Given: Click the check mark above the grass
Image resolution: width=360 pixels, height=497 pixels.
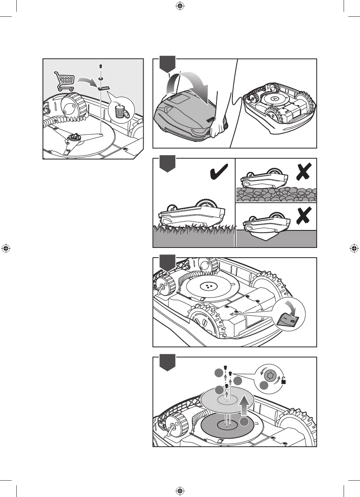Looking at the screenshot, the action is pos(219,173).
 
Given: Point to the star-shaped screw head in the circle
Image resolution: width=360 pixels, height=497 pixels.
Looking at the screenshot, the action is pos(270,376).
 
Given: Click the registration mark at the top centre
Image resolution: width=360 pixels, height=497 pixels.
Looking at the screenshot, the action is pos(180,6).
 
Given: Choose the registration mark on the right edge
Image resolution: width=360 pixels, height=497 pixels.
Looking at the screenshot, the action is pos(353,248).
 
